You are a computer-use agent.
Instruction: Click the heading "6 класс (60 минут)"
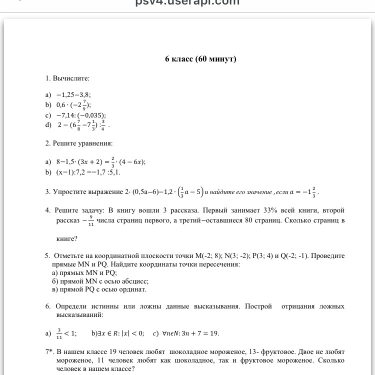pyautogui.click(x=200, y=59)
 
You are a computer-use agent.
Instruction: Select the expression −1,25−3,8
pyautogui.click(x=73, y=94)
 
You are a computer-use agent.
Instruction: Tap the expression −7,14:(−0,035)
pyautogui.click(x=81, y=115)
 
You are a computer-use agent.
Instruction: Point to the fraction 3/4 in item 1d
pyautogui.click(x=103, y=125)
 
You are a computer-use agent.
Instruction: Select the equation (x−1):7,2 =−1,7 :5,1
pyautogui.click(x=88, y=172)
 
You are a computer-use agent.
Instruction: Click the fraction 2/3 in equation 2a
pyautogui.click(x=113, y=162)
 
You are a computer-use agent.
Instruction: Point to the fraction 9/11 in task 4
pyautogui.click(x=91, y=221)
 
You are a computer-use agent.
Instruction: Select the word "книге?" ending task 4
pyautogui.click(x=67, y=238)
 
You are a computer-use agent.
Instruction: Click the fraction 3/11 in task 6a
pyautogui.click(x=59, y=333)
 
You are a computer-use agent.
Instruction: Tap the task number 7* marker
pyautogui.click(x=49, y=351)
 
